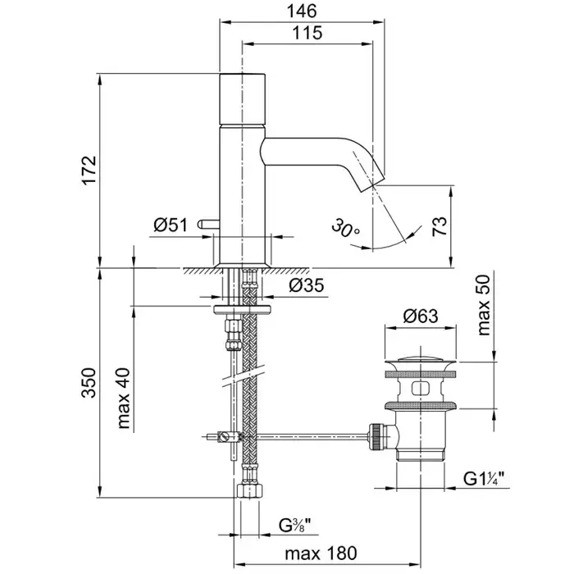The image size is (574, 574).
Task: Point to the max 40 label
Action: (124, 399)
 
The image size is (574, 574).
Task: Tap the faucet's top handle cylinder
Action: (243, 98)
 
